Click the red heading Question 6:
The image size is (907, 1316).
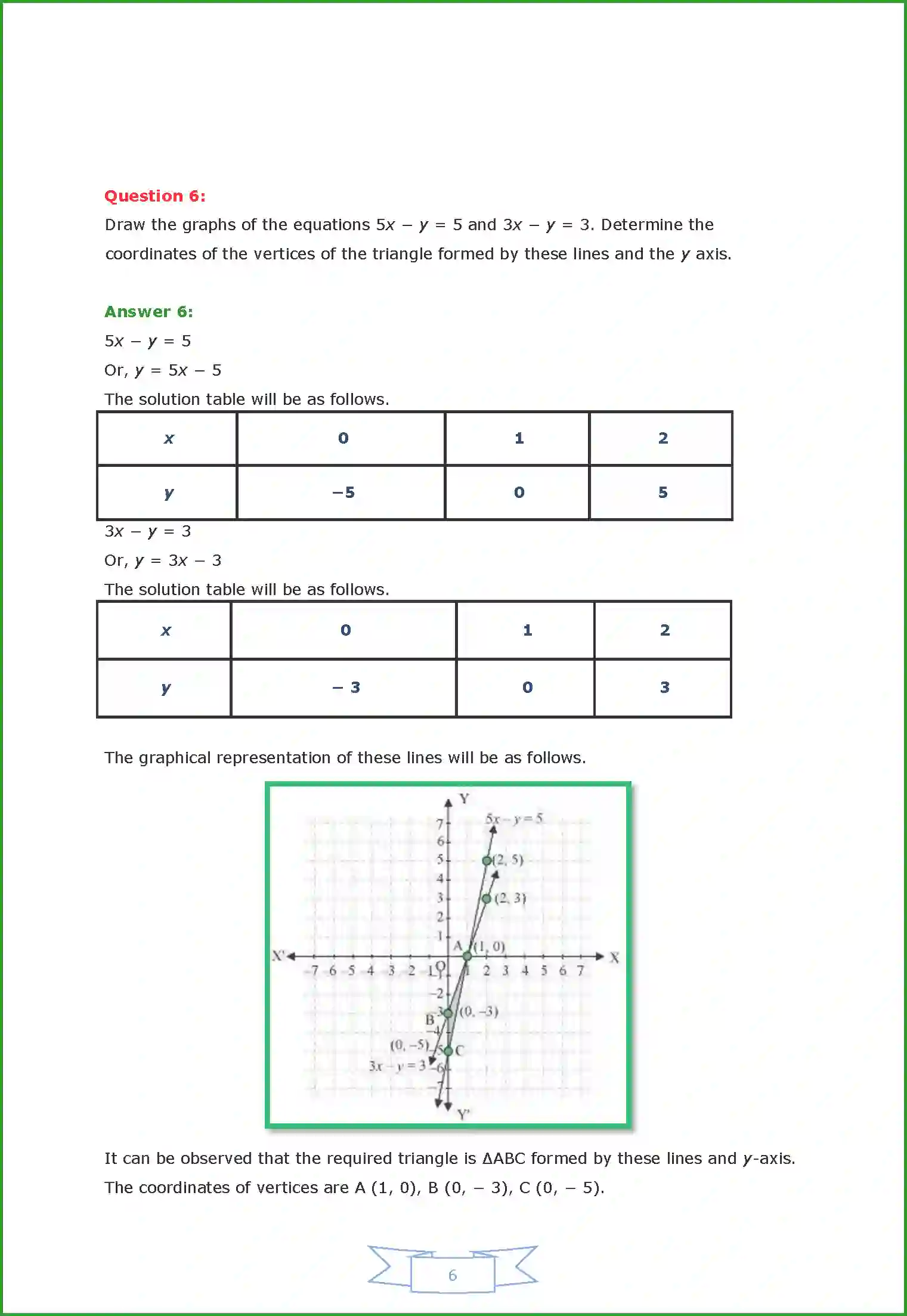[x=155, y=196]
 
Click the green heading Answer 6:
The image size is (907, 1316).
[x=148, y=312]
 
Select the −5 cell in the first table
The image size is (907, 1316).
[x=343, y=493]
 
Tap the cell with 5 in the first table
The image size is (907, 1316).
[x=663, y=493]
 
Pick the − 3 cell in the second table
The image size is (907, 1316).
[x=346, y=688]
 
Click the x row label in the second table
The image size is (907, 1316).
[x=166, y=630]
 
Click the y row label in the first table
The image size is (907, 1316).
[x=169, y=493]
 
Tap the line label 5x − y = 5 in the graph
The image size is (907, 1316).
[x=513, y=819]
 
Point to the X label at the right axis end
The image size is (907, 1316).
[x=614, y=958]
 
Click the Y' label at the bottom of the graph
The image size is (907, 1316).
[x=463, y=1114]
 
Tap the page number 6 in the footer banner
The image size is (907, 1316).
[x=453, y=1275]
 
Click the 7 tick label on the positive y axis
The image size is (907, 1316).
[x=440, y=823]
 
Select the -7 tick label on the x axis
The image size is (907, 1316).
[x=314, y=971]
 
